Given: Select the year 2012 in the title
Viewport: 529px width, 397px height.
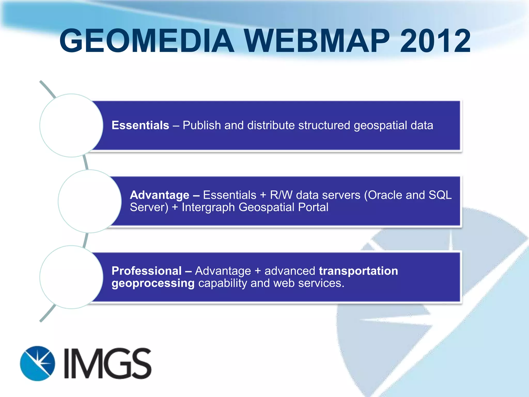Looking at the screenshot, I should coord(435,41).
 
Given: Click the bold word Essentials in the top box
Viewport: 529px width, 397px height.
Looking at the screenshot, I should coord(140,125).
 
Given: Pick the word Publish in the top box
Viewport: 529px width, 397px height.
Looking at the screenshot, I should coord(202,125).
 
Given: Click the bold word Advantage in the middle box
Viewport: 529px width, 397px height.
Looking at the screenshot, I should coord(160,195).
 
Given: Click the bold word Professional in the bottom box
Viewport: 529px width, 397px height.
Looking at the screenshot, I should coord(146,271).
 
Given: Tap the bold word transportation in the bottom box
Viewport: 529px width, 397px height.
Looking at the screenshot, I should coord(358,271).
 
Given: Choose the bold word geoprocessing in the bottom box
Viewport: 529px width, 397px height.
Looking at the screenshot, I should coord(153,284).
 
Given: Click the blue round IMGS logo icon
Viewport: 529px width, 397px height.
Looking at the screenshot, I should coord(37,363).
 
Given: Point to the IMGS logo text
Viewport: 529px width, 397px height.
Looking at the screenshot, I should coord(107,363).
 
